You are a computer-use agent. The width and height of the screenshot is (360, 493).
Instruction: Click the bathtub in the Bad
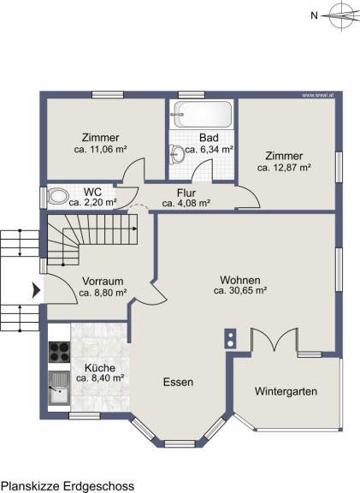[x=202, y=114]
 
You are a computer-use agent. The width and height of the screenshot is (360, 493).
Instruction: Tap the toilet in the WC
[x=58, y=196]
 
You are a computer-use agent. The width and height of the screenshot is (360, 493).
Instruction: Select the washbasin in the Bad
[x=177, y=154]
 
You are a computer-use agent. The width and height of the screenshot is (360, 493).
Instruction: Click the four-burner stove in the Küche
[x=59, y=352]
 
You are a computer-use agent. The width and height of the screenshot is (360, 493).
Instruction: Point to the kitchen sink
[x=59, y=389]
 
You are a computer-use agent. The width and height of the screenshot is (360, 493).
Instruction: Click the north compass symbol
[x=341, y=15]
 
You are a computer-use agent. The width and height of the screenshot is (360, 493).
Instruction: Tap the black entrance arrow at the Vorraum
[x=37, y=290]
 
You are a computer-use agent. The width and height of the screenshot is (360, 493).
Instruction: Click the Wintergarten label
[x=286, y=391]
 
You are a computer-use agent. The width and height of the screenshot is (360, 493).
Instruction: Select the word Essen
[x=178, y=382]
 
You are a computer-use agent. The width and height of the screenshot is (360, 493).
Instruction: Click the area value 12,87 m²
[x=293, y=168]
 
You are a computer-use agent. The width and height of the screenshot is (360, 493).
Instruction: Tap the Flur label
[x=186, y=193]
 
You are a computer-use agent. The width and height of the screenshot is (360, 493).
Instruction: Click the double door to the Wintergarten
[x=274, y=340]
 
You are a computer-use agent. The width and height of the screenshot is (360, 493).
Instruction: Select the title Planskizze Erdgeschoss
[x=68, y=486]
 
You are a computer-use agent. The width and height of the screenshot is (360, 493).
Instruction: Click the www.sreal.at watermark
[x=317, y=95]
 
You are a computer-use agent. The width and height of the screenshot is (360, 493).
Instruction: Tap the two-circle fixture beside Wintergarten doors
[x=230, y=339]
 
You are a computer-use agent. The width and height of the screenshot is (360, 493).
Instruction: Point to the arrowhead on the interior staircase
[x=135, y=229]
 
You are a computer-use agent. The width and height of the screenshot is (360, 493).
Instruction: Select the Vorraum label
[x=103, y=281]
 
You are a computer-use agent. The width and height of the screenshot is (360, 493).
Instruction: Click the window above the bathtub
[x=192, y=95]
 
